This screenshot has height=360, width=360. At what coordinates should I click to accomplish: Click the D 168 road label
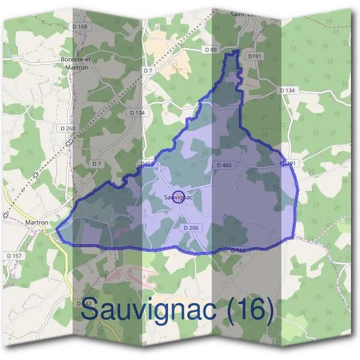tap(79, 26)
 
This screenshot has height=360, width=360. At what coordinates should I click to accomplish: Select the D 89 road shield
tap(210, 50)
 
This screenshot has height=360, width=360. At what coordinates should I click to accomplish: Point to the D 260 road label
tap(68, 128)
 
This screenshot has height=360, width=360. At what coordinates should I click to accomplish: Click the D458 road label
tap(148, 163)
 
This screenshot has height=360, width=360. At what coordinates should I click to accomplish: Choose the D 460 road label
tap(223, 165)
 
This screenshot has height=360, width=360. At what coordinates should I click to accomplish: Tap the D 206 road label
tap(190, 228)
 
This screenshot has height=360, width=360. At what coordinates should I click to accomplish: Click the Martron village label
tap(37, 222)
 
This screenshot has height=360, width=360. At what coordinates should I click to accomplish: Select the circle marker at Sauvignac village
tap(178, 196)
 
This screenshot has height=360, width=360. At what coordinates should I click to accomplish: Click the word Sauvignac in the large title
tap(150, 310)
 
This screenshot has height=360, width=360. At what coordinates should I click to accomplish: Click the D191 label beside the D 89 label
tap(256, 56)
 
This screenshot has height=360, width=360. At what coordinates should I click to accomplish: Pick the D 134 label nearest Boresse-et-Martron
tap(137, 112)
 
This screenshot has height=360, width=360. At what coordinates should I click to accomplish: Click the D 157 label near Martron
tap(14, 256)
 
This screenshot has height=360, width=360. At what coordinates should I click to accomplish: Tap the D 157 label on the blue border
tap(239, 250)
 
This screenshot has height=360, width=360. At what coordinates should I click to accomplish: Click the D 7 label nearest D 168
tap(148, 71)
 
